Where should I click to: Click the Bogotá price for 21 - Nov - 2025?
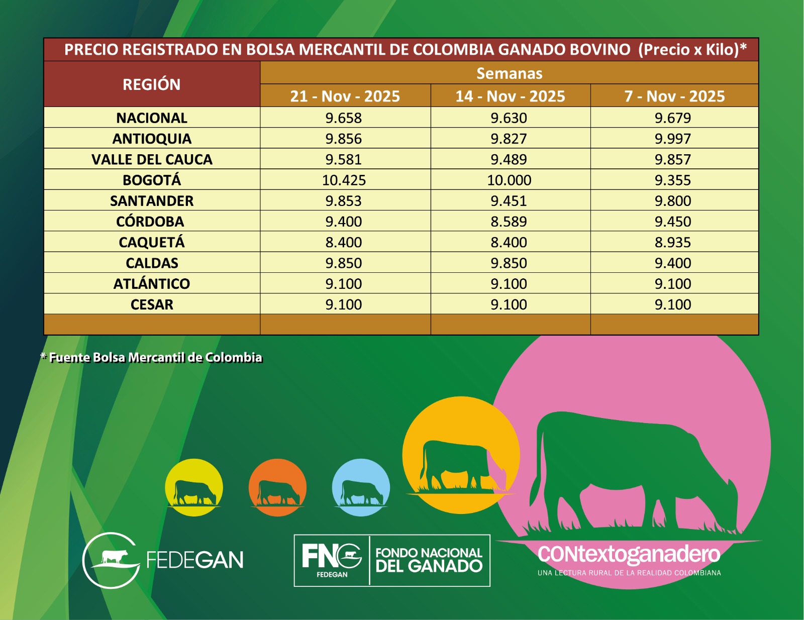click(344, 180)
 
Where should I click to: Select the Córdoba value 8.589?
click(509, 222)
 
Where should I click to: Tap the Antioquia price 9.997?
click(672, 139)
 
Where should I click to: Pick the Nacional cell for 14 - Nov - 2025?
click(509, 118)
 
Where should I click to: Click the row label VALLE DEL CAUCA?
click(152, 159)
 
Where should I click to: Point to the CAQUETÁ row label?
click(152, 242)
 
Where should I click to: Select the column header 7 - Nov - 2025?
click(674, 96)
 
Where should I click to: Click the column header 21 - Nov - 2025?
click(345, 96)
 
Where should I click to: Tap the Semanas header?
click(509, 73)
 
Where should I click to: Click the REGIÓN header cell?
click(152, 84)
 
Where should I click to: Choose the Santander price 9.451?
click(509, 201)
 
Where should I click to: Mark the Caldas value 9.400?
click(672, 263)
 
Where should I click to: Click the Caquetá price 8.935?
click(672, 242)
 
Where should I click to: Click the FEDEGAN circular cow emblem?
click(112, 560)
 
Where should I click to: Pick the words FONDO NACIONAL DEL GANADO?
click(429, 560)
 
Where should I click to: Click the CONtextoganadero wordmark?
click(629, 554)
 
